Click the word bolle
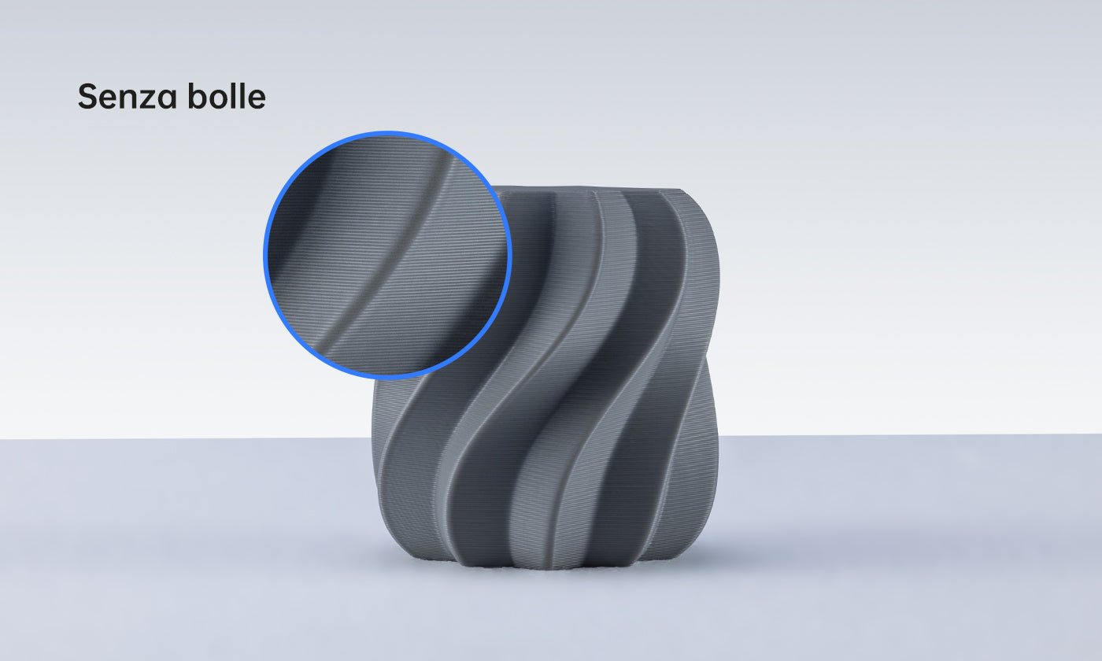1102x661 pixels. pos(227,97)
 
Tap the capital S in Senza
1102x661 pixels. pos(87,97)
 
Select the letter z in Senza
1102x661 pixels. pos(147,100)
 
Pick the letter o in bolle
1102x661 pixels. pos(217,100)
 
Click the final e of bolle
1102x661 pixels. pos(256,100)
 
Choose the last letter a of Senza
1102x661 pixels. pos(166,100)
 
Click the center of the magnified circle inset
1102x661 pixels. pos(387,255)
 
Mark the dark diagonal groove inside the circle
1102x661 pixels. pos(394,268)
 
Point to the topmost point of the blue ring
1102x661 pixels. pos(387,131)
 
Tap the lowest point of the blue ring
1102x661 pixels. pos(387,379)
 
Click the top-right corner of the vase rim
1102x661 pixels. pos(680,190)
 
